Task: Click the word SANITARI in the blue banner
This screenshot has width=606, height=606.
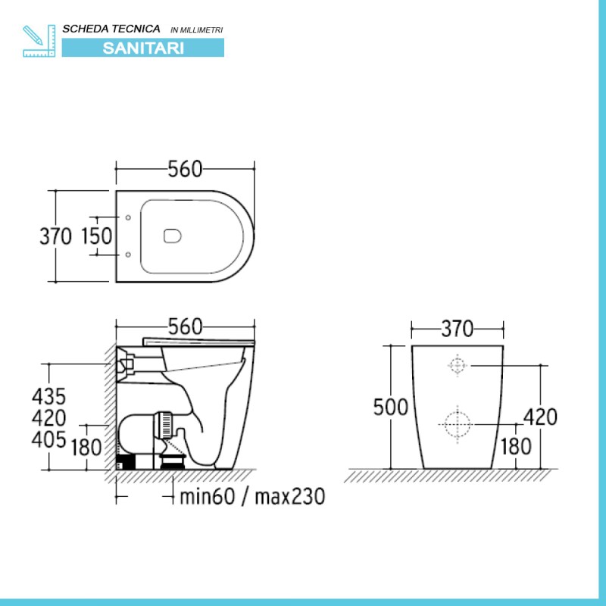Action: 142,46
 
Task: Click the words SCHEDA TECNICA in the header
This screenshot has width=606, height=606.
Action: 111,28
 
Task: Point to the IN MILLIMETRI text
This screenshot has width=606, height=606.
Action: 197,30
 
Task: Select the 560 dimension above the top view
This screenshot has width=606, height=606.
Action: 185,170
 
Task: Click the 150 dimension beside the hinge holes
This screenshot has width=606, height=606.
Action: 96,236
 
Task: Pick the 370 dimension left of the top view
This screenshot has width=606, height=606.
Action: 55,236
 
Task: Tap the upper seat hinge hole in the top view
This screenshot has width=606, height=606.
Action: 127,218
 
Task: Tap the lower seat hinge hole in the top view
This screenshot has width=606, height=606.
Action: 127,254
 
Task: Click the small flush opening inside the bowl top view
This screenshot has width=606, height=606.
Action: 173,236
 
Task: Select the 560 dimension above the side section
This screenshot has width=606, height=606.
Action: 185,326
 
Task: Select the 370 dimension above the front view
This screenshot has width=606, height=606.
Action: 457,328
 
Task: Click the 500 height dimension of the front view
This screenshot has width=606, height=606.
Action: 390,407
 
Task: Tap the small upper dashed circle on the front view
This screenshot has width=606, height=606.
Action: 457,365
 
